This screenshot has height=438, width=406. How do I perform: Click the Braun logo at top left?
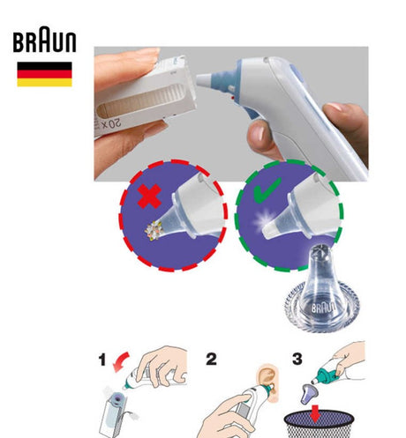(x=44, y=40)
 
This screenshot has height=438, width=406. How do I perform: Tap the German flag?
(x=44, y=74)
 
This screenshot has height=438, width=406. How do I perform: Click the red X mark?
(x=149, y=196)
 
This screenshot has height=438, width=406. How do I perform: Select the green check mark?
(x=267, y=190)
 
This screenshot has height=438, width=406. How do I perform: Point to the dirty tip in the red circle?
(x=154, y=230)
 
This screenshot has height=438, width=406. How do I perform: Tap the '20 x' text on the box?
(x=110, y=124)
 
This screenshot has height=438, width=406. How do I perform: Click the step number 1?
(x=102, y=360)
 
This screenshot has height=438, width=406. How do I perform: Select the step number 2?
(x=211, y=359)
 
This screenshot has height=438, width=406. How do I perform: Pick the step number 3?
(x=297, y=359)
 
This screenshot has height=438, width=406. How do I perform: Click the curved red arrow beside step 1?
(x=121, y=361)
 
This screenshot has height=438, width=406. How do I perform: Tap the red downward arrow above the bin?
(x=315, y=414)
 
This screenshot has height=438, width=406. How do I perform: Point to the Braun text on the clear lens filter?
(x=323, y=308)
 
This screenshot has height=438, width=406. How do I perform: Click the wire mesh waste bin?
(x=320, y=424)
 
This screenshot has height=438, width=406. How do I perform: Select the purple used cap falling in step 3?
(x=309, y=393)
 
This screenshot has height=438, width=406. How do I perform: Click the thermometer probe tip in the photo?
(x=203, y=80)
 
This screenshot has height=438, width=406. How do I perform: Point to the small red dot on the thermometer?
(x=233, y=97)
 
